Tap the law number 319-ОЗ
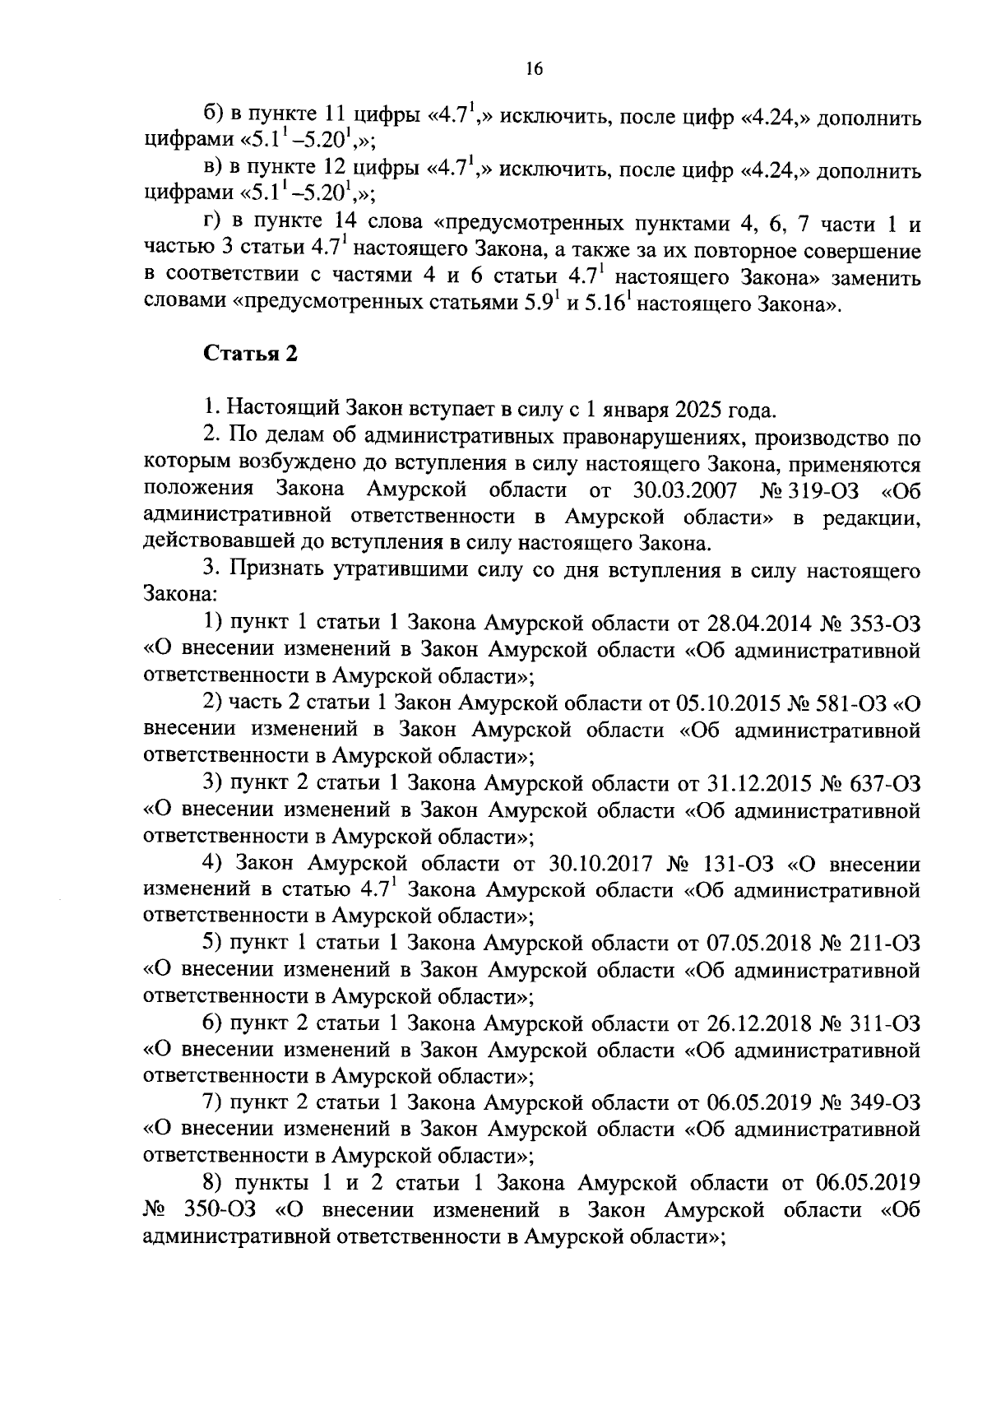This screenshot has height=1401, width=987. [822, 491]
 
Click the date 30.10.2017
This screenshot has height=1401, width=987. [598, 864]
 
